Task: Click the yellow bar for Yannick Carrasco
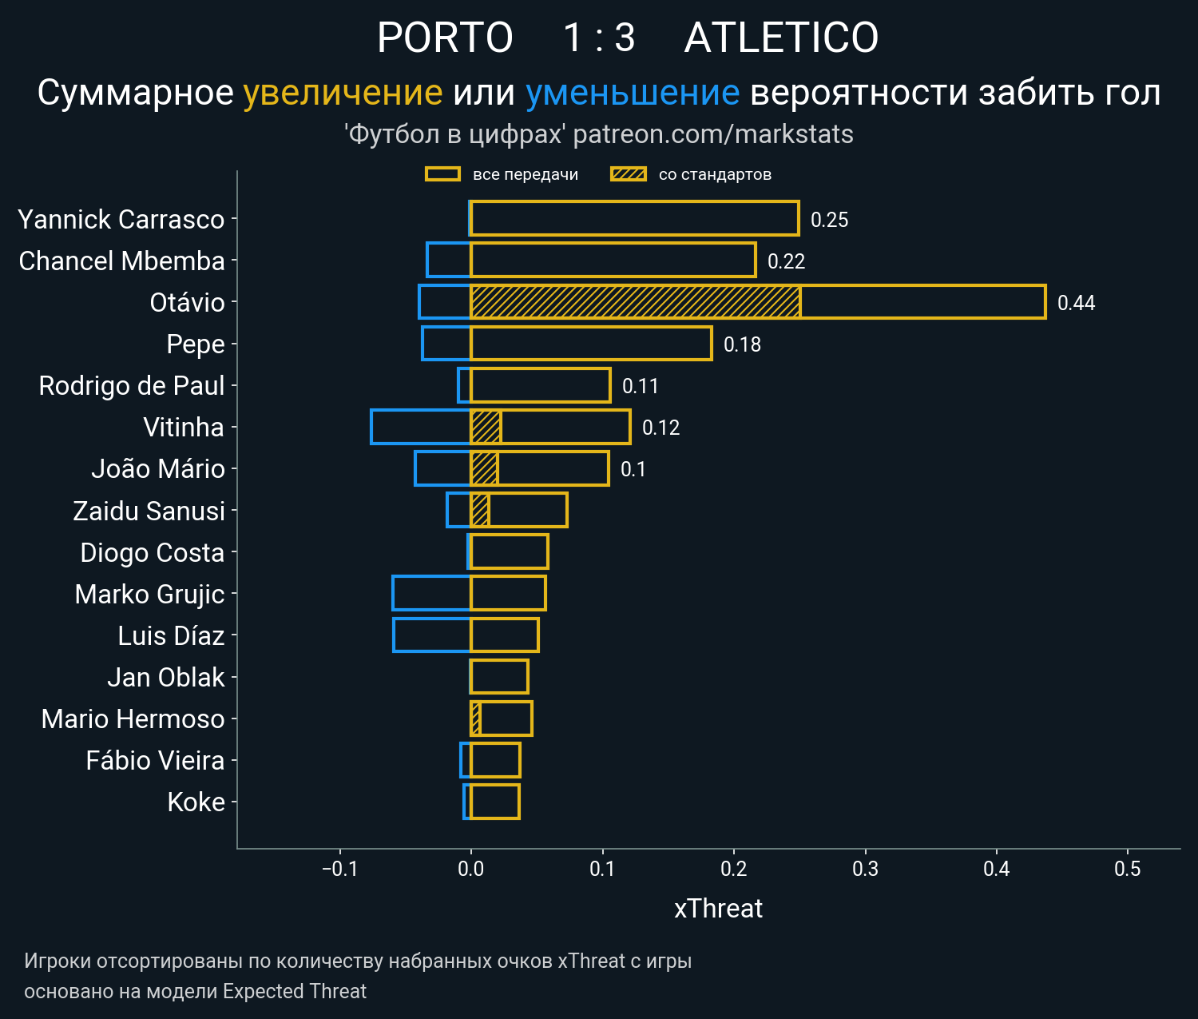[x=634, y=219]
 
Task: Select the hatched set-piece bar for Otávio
[x=635, y=302]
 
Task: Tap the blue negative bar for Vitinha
[x=421, y=427]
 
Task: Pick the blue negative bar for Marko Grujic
[x=431, y=593]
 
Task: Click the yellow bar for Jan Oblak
[x=499, y=677]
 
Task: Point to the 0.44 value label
[x=1076, y=303]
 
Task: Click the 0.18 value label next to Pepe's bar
[x=742, y=344]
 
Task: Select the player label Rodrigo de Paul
[x=132, y=386]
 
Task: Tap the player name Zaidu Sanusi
[x=149, y=511]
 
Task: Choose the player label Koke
[x=196, y=802]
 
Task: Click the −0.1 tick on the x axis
[x=339, y=869]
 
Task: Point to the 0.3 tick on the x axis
[x=865, y=869]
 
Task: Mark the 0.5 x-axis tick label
[x=1127, y=869]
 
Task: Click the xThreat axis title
[x=718, y=909]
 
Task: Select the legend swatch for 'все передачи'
[x=442, y=174]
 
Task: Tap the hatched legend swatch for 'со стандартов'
[x=628, y=174]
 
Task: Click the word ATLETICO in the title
[x=781, y=38]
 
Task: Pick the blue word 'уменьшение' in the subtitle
[x=633, y=93]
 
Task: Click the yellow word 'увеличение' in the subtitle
[x=343, y=93]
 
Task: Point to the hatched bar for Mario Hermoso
[x=475, y=718]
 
